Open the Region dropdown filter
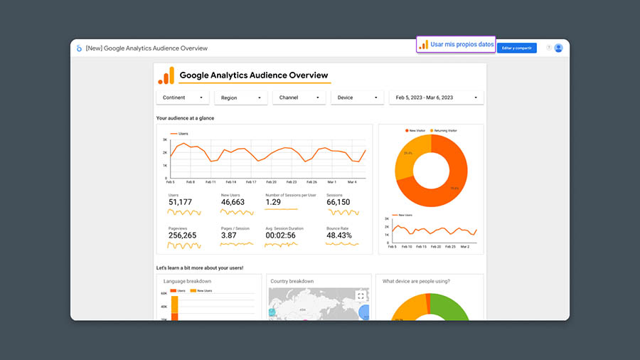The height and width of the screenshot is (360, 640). pos(241,97)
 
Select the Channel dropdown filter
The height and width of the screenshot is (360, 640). pos(299,97)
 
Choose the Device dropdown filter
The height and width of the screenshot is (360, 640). pos(358,97)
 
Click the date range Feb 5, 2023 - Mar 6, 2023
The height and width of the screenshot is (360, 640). pos(436,97)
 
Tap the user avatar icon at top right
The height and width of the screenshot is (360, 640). pos(558,48)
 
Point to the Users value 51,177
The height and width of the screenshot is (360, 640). pos(180,202)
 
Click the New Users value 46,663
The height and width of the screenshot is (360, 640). pos(233,202)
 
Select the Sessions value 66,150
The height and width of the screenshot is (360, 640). pos(338,202)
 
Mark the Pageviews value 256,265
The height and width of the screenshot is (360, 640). pos(182,235)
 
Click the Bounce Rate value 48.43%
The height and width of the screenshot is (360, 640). pos(339,235)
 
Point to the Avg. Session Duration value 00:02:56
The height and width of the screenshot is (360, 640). pos(280,235)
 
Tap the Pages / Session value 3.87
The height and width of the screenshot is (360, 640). pos(229,235)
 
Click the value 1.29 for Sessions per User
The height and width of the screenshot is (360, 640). pos(273,202)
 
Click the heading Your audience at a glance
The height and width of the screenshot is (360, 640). pos(185,118)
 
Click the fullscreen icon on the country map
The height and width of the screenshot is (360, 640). pos(361,295)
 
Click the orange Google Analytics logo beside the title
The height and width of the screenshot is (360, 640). pos(166,75)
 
